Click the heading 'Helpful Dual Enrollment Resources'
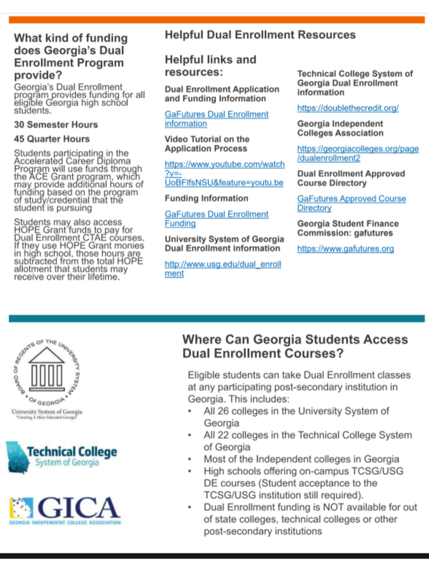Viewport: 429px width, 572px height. tap(260, 34)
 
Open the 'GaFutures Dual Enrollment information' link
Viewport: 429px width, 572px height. tap(217, 119)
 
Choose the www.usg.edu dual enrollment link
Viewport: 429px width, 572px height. tap(222, 268)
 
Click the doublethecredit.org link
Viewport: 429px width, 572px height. tap(347, 108)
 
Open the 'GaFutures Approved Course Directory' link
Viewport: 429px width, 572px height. tap(351, 203)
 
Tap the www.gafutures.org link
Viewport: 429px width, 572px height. tap(345, 249)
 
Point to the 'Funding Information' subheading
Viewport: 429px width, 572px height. tap(207, 198)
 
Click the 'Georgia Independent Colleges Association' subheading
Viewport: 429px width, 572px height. tap(340, 128)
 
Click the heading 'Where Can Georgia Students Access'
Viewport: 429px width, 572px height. tap(295, 340)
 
